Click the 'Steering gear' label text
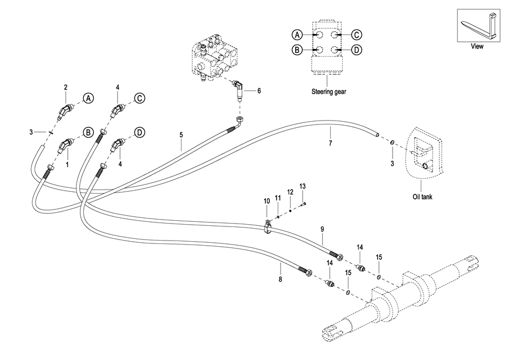click(x=329, y=92)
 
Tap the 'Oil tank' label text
click(x=422, y=196)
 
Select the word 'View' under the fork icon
click(x=477, y=46)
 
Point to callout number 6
click(x=258, y=91)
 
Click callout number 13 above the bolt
click(x=303, y=186)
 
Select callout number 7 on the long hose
click(x=330, y=143)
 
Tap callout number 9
click(x=322, y=229)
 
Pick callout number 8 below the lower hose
click(x=281, y=278)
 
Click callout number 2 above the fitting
click(x=66, y=87)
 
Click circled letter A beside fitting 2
click(x=88, y=98)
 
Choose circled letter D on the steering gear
click(x=356, y=50)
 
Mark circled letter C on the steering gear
click(x=356, y=35)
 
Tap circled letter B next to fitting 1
click(x=88, y=132)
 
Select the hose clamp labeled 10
click(x=268, y=227)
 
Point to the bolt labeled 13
click(x=304, y=204)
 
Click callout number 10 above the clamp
click(x=266, y=201)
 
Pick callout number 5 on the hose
click(x=181, y=135)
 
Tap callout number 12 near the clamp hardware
click(x=290, y=192)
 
